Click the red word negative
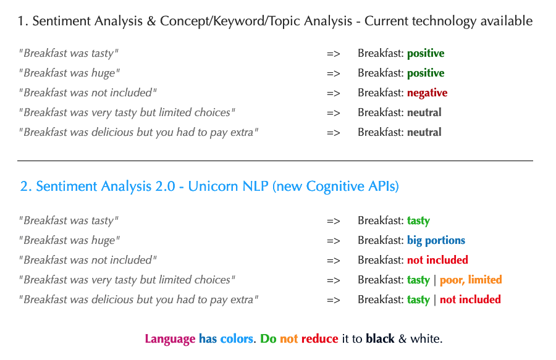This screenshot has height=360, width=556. coord(427,93)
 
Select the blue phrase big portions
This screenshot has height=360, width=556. coord(436,241)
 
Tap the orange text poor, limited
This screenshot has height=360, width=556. coord(471,280)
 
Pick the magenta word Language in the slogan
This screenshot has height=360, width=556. coord(170,339)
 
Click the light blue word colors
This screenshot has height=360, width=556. coord(237,339)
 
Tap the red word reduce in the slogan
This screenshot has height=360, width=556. coord(319,339)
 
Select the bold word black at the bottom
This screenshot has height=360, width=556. coord(380,339)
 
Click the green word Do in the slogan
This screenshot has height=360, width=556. coord(268,339)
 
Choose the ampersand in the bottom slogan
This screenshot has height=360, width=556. coord(402,339)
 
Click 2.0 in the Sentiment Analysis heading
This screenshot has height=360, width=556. coord(165,186)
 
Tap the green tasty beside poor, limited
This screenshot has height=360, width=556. coord(418,280)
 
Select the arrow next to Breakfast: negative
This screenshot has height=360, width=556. coord(334,93)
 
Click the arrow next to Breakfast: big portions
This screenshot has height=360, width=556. coord(334,241)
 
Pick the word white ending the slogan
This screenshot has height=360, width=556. coord(426,339)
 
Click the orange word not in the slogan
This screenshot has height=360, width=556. coord(289,339)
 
